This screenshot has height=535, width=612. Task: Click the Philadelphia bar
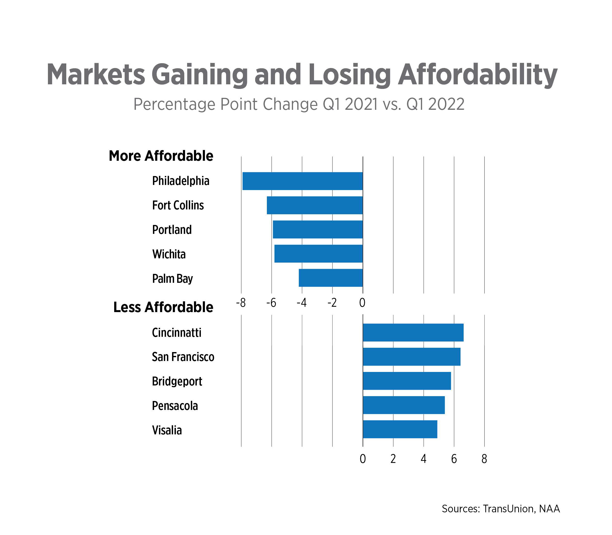pyautogui.click(x=302, y=181)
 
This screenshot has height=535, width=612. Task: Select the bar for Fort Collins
pyautogui.click(x=315, y=205)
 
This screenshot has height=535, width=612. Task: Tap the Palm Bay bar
pyautogui.click(x=330, y=278)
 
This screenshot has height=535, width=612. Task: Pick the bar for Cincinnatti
pyautogui.click(x=413, y=332)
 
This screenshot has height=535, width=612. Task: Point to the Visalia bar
pyautogui.click(x=400, y=429)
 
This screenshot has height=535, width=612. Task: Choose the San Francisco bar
pyautogui.click(x=412, y=356)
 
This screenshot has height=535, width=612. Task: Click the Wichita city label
pyautogui.click(x=169, y=254)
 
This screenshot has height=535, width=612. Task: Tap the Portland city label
pyautogui.click(x=172, y=230)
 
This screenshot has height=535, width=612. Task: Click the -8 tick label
pyautogui.click(x=240, y=303)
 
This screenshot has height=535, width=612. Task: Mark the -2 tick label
pyautogui.click(x=332, y=303)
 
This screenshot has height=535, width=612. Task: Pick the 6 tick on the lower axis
pyautogui.click(x=454, y=459)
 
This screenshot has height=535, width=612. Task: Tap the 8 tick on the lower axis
pyautogui.click(x=484, y=459)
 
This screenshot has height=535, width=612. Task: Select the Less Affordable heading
pyautogui.click(x=163, y=307)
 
